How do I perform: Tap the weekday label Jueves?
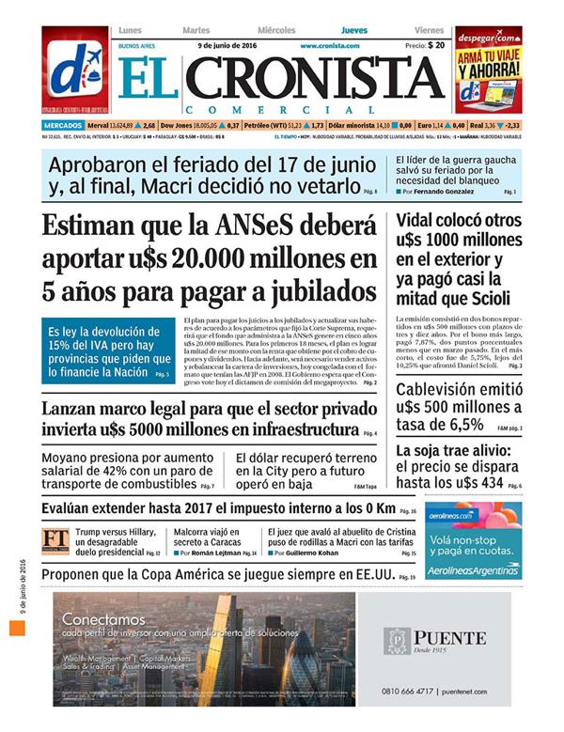pos(354,31)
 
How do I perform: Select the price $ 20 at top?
pos(434,45)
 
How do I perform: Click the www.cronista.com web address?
pos(330,45)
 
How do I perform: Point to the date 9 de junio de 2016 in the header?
pos(227,45)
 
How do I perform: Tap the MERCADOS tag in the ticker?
pos(62,124)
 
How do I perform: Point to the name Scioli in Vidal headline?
pos(485,299)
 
